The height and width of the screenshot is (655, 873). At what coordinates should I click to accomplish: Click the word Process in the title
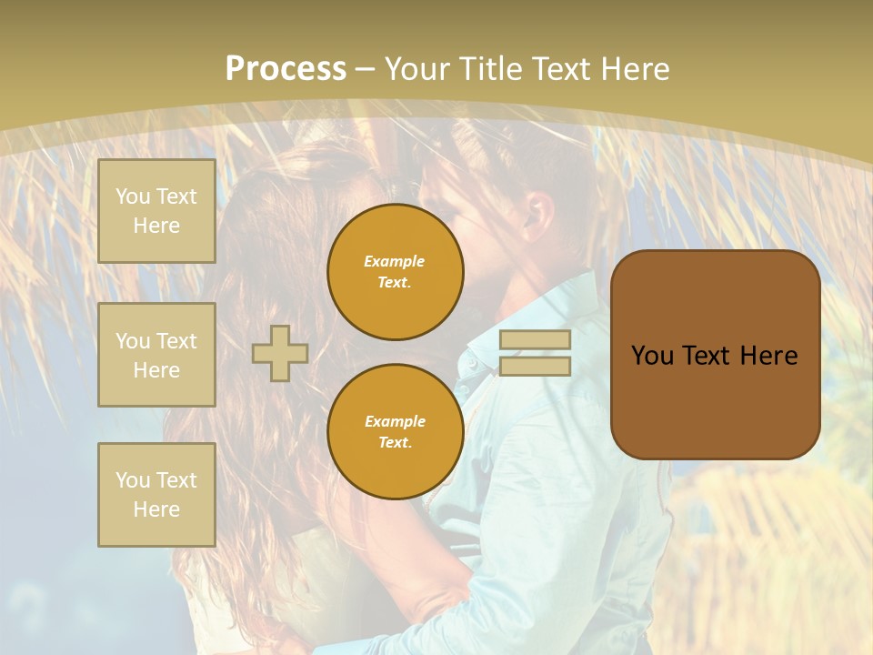tap(286, 69)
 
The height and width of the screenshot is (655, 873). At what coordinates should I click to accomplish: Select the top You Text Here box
tap(156, 211)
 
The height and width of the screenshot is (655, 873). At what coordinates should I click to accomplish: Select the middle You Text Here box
tap(156, 355)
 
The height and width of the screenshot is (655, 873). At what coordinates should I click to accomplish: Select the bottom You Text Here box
tap(156, 495)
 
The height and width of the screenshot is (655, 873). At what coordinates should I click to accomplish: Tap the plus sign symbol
tap(280, 353)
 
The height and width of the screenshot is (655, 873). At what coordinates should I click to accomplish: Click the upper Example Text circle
tap(395, 271)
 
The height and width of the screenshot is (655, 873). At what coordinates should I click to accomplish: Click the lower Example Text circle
tap(395, 431)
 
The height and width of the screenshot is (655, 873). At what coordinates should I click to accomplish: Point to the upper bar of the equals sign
tap(535, 340)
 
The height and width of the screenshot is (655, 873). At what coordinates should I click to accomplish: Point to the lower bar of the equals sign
tap(535, 366)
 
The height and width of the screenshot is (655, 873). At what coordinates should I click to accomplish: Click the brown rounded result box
tap(715, 355)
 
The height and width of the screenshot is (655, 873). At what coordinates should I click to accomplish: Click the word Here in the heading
tap(636, 69)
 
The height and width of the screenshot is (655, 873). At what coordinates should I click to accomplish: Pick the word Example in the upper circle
tap(395, 261)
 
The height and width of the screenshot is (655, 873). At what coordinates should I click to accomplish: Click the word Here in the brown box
tap(768, 356)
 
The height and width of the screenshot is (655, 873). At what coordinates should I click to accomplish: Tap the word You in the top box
tap(133, 196)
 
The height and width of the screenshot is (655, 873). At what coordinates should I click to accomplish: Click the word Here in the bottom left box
tap(156, 509)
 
